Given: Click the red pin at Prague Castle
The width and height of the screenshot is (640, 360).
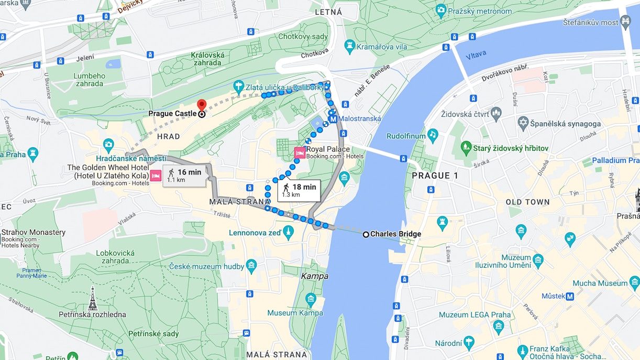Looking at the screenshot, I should point(201,105).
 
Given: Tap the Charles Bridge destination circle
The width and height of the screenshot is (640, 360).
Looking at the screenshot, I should point(366,234).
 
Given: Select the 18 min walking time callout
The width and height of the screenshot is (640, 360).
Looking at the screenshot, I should point(299,190).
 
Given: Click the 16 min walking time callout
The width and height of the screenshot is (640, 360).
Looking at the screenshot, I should point(184,175).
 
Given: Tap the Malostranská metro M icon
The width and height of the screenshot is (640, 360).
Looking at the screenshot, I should point(333,119).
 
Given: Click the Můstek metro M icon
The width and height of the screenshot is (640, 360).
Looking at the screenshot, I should point(570,296).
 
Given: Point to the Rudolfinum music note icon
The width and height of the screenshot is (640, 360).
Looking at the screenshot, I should point(433,135).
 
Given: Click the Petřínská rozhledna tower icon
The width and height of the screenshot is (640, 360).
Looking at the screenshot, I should point(93,298).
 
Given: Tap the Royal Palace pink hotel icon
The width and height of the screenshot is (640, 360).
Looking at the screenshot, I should point(300,152).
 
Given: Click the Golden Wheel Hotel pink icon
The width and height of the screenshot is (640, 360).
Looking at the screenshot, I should point(156,176).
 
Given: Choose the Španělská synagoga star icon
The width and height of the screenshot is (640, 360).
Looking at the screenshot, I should point(522,123).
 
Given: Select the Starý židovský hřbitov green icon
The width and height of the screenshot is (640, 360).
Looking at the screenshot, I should point(466,147).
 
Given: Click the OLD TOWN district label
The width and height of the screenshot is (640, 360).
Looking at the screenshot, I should point(527,202).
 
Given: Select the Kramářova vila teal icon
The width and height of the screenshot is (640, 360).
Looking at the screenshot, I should point(350,47).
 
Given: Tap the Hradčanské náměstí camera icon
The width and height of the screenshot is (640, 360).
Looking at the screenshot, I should point(108,144).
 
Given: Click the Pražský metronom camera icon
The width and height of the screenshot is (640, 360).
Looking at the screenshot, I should point(441,9).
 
